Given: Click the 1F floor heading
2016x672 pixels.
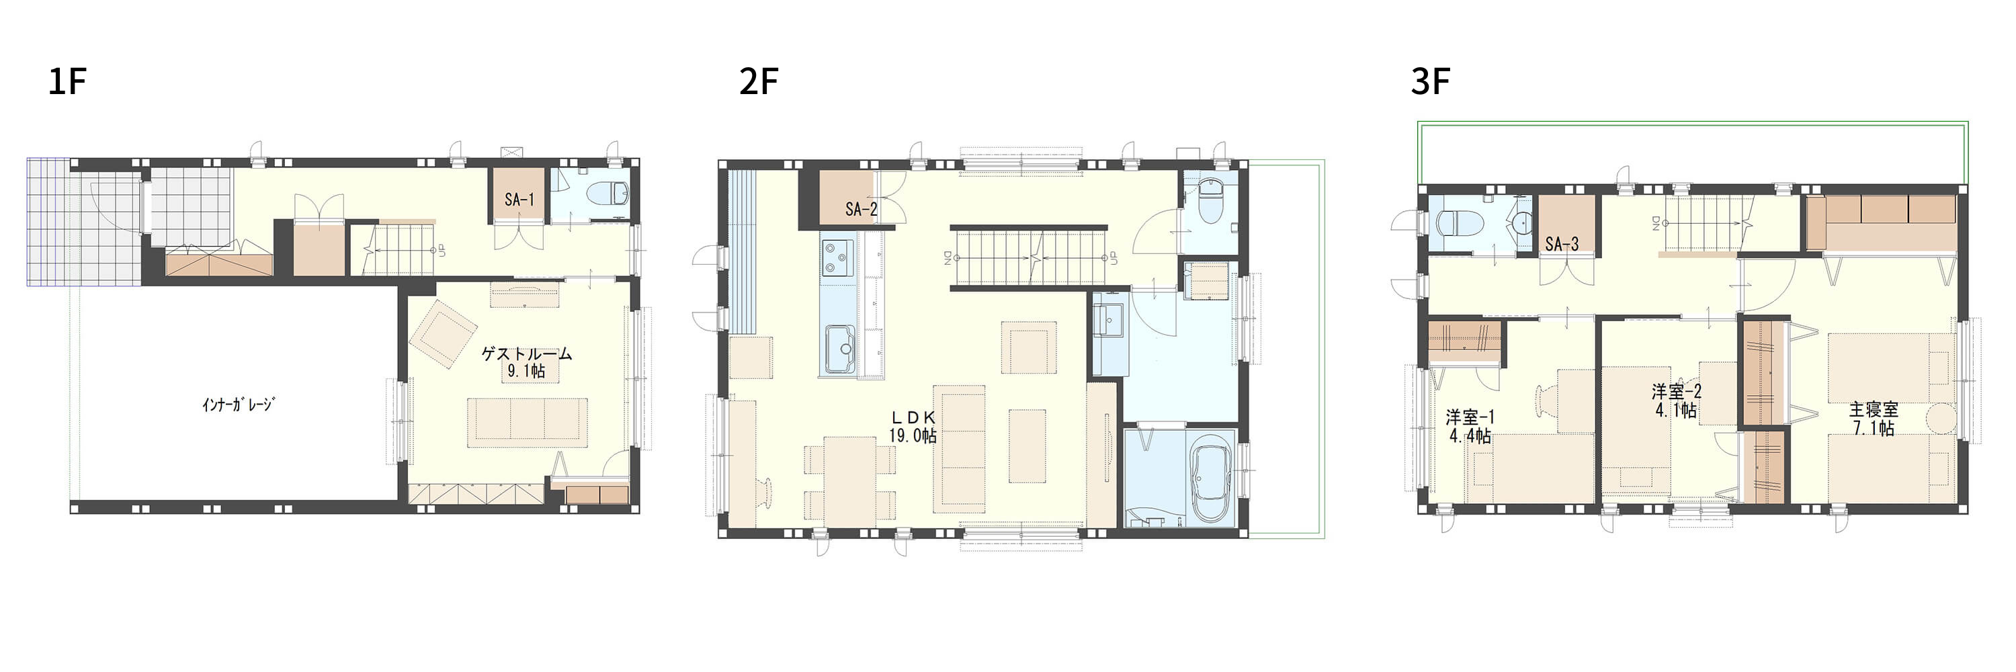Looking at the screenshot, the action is pyautogui.click(x=67, y=81).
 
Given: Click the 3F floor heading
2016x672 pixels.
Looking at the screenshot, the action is pyautogui.click(x=1430, y=81).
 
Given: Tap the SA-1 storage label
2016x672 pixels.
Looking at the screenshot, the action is pyautogui.click(x=519, y=200).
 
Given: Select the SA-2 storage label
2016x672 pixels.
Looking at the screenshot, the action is pyautogui.click(x=861, y=209).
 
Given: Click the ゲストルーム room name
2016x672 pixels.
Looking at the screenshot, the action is pyautogui.click(x=526, y=353).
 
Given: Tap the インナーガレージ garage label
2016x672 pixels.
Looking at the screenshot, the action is pyautogui.click(x=237, y=405).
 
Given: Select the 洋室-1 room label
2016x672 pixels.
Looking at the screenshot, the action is pyautogui.click(x=1469, y=416).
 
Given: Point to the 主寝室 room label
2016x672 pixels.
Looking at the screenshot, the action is pyautogui.click(x=1874, y=409).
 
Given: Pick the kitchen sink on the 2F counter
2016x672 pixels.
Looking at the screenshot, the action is pyautogui.click(x=839, y=349).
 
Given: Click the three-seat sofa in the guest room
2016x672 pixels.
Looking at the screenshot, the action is pyautogui.click(x=528, y=423).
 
